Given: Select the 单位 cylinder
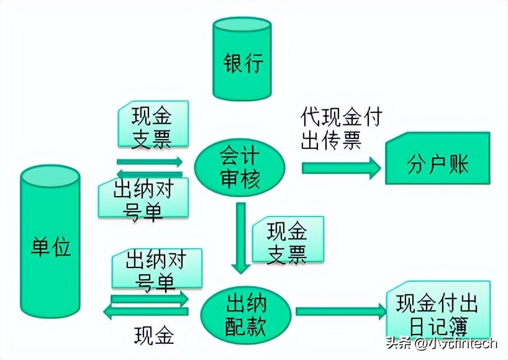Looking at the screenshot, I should (x=50, y=245).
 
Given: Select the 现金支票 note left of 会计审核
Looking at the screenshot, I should (x=152, y=126).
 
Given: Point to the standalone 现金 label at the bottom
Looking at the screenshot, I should (x=154, y=336).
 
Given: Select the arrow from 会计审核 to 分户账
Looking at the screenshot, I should (x=341, y=167).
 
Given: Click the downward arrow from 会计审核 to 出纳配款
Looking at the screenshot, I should (x=241, y=239).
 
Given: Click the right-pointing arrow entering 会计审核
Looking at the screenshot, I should (x=150, y=161).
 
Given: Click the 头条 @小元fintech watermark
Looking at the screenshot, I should (x=442, y=343).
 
